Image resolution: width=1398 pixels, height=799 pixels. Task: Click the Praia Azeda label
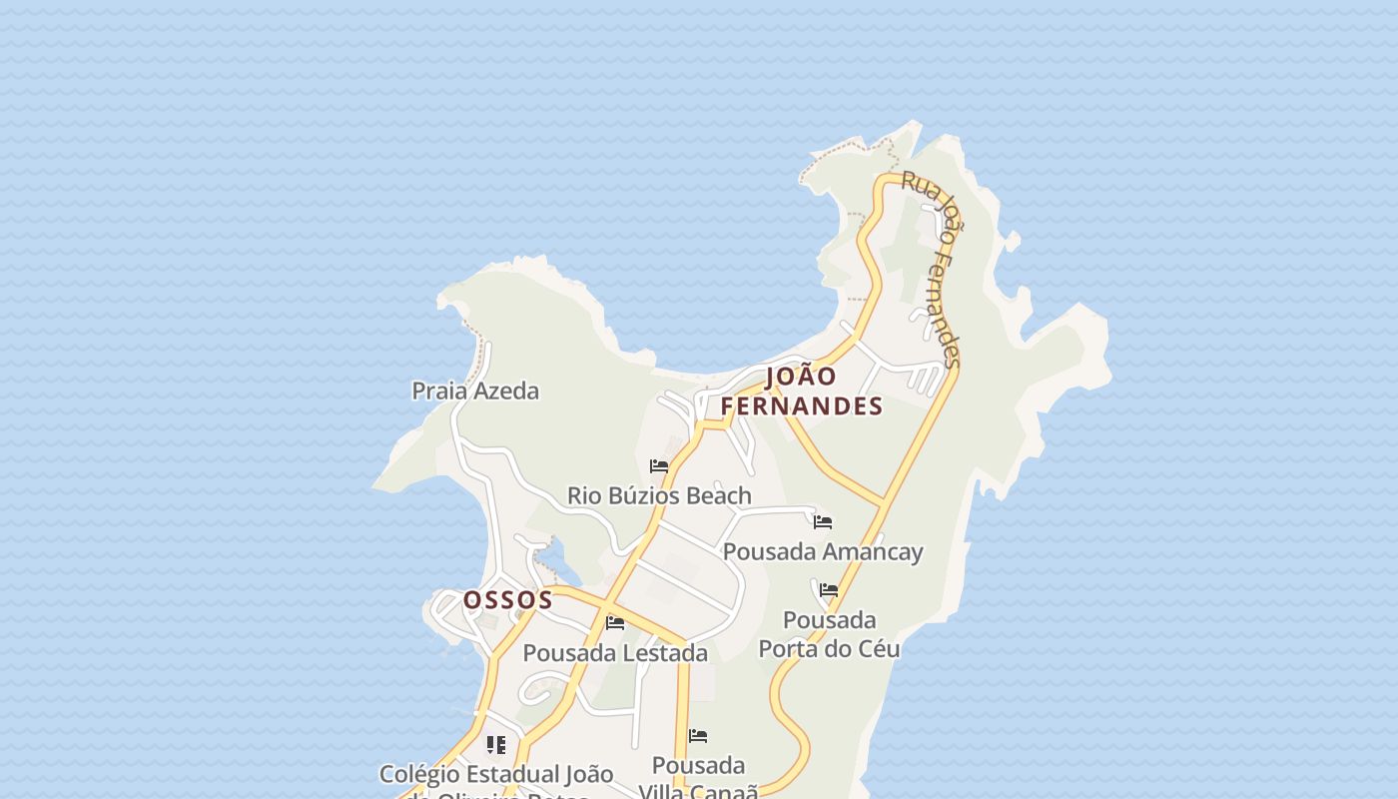475,391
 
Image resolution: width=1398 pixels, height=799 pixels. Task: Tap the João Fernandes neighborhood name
801,391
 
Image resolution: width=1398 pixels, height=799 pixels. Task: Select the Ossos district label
507,599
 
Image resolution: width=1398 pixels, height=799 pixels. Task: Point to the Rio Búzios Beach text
659,495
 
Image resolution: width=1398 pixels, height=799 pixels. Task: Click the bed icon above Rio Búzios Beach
659,465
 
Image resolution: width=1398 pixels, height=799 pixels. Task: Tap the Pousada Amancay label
823,551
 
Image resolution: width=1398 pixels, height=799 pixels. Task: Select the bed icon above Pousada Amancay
823,521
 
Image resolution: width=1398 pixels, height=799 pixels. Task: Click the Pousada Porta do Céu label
829,634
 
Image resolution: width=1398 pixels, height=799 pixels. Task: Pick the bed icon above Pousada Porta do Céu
829,590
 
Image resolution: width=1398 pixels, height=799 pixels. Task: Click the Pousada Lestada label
615,653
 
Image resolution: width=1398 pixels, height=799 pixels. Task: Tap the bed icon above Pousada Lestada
615,623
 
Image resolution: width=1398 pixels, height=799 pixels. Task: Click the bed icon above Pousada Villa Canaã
698,736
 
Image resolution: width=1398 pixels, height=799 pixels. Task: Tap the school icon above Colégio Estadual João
496,744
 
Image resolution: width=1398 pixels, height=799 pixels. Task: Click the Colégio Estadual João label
496,775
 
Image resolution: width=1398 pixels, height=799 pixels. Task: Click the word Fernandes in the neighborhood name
801,405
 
